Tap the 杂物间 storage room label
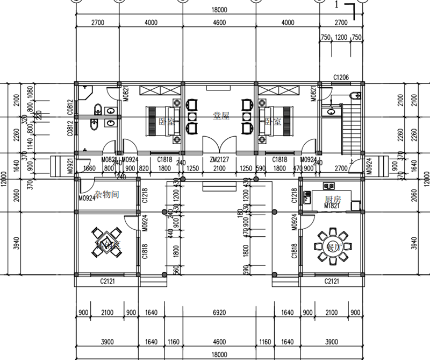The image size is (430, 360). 105,195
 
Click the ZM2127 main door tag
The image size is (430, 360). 219,160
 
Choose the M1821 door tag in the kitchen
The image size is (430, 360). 332,206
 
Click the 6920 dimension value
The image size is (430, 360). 219,313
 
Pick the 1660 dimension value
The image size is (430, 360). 90,168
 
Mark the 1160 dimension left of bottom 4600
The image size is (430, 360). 172,342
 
